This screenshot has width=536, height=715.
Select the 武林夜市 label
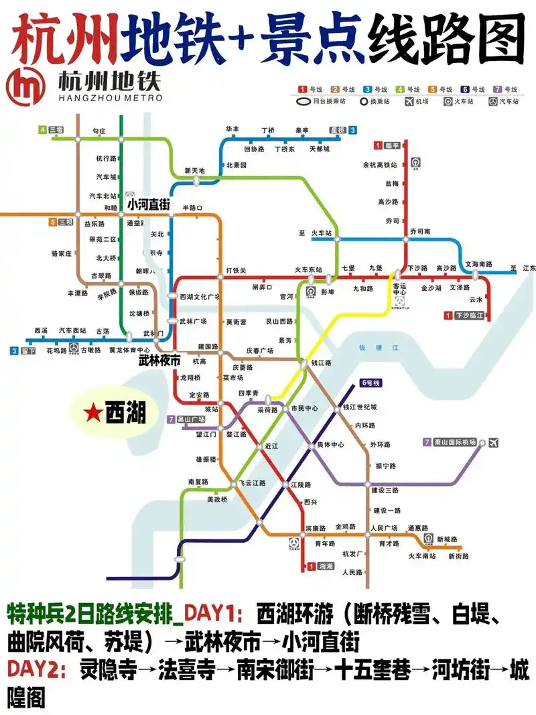coord(159,361)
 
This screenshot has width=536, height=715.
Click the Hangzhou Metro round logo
coord(27,86)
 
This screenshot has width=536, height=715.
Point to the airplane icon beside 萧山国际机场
coord(494,442)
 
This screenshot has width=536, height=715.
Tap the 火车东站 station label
coord(313,270)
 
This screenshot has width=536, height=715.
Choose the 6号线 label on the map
coord(371,383)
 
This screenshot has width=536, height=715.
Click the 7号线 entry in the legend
coord(505,89)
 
